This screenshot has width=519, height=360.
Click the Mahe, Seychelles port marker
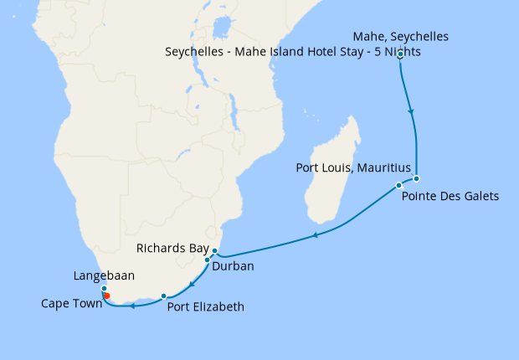coord(401,55)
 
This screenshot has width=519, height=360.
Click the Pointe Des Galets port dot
coord(416,178)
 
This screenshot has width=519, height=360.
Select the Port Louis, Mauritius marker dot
coord(398,185)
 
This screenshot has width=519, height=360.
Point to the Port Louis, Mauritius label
coord(353,167)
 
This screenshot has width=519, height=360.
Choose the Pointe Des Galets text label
coord(450,198)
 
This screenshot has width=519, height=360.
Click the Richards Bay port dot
coord(214,251)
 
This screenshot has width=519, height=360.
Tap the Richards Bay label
coord(174,249)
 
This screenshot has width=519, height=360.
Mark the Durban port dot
coord(207,260)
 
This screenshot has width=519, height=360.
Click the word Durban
coord(232,266)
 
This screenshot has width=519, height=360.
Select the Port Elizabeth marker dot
coord(163,296)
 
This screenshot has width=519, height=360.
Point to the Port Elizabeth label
coord(206,307)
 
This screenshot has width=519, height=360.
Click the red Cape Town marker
coord(106,296)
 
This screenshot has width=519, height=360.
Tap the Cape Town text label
coord(71,304)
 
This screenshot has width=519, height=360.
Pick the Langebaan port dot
coord(104,288)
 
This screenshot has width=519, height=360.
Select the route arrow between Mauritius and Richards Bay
coord(315,236)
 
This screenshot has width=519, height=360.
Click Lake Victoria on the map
coord(221,30)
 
